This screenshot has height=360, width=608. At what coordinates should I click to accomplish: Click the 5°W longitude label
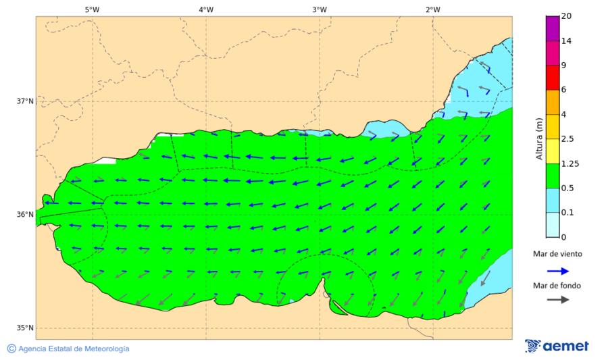(x=93, y=9)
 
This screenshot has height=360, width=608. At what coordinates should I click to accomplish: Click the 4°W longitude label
(x=206, y=9)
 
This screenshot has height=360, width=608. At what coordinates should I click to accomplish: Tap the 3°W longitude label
(x=320, y=9)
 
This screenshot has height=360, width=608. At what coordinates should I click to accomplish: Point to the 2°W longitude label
(x=433, y=9)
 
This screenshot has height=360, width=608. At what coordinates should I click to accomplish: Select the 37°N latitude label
(x=25, y=101)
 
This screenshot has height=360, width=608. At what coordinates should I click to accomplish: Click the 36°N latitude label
(x=25, y=215)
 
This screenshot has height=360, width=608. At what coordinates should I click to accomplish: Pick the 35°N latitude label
(x=25, y=328)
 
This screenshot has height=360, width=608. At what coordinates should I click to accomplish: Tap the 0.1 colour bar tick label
(x=567, y=213)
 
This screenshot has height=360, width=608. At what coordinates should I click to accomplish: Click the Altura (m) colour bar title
(x=539, y=138)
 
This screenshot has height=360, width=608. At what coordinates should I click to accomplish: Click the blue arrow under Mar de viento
(x=557, y=271)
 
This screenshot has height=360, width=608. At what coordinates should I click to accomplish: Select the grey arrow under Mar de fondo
(x=557, y=300)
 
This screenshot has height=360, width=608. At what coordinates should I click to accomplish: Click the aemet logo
(x=557, y=346)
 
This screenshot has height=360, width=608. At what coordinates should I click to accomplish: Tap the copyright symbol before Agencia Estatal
(x=11, y=349)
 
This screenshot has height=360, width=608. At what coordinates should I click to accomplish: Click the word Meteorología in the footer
(x=105, y=349)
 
